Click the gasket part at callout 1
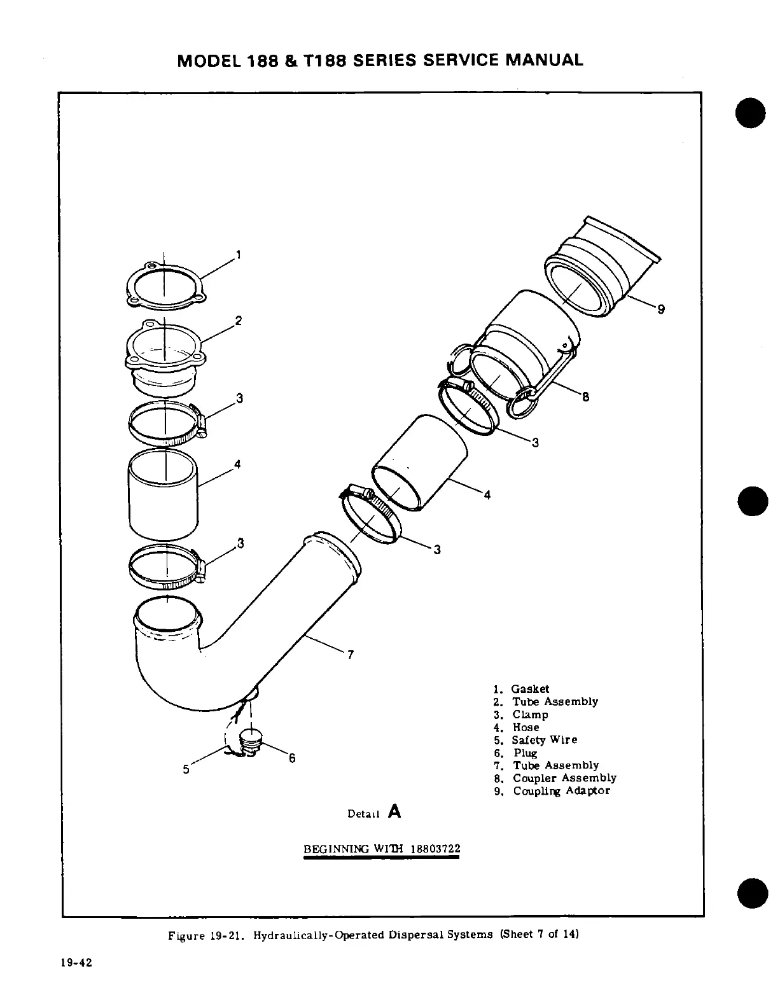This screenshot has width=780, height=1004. click(x=164, y=284)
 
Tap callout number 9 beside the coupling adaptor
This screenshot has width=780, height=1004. click(x=661, y=309)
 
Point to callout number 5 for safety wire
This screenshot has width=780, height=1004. click(x=186, y=769)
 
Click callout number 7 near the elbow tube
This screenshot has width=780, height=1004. click(x=351, y=655)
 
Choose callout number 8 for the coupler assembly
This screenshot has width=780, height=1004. click(x=585, y=397)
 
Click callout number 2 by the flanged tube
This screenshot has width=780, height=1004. click(x=238, y=321)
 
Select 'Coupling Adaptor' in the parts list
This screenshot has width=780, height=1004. click(x=561, y=791)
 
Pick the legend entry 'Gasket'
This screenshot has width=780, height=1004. click(x=531, y=689)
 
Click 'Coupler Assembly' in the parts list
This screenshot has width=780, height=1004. click(x=564, y=778)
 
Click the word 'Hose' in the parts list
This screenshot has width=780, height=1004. click(x=526, y=727)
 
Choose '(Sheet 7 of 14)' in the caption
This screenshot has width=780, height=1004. click(x=540, y=935)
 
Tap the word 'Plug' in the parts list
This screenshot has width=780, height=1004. click(x=526, y=753)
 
